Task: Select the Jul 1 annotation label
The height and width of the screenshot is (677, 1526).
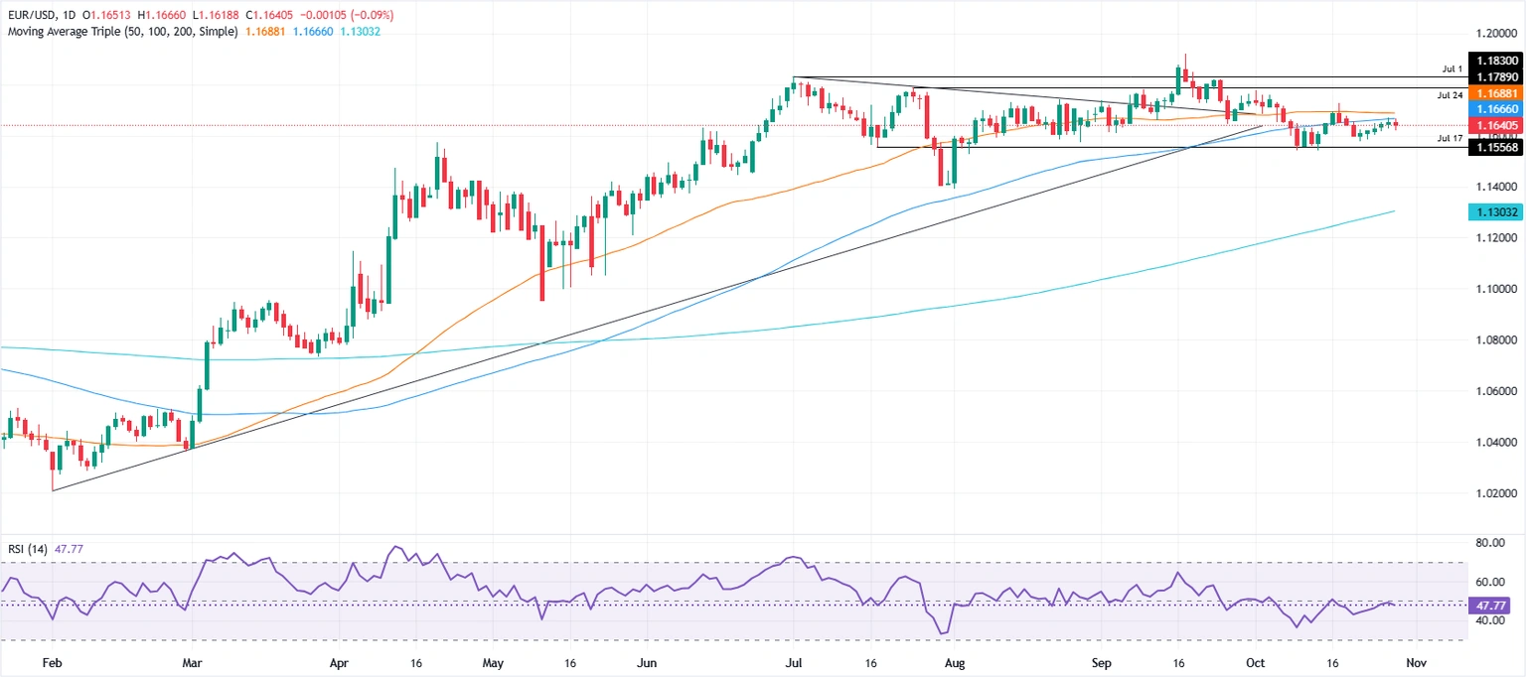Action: pos(1452,69)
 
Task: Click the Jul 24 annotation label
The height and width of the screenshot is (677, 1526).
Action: pos(1450,95)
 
